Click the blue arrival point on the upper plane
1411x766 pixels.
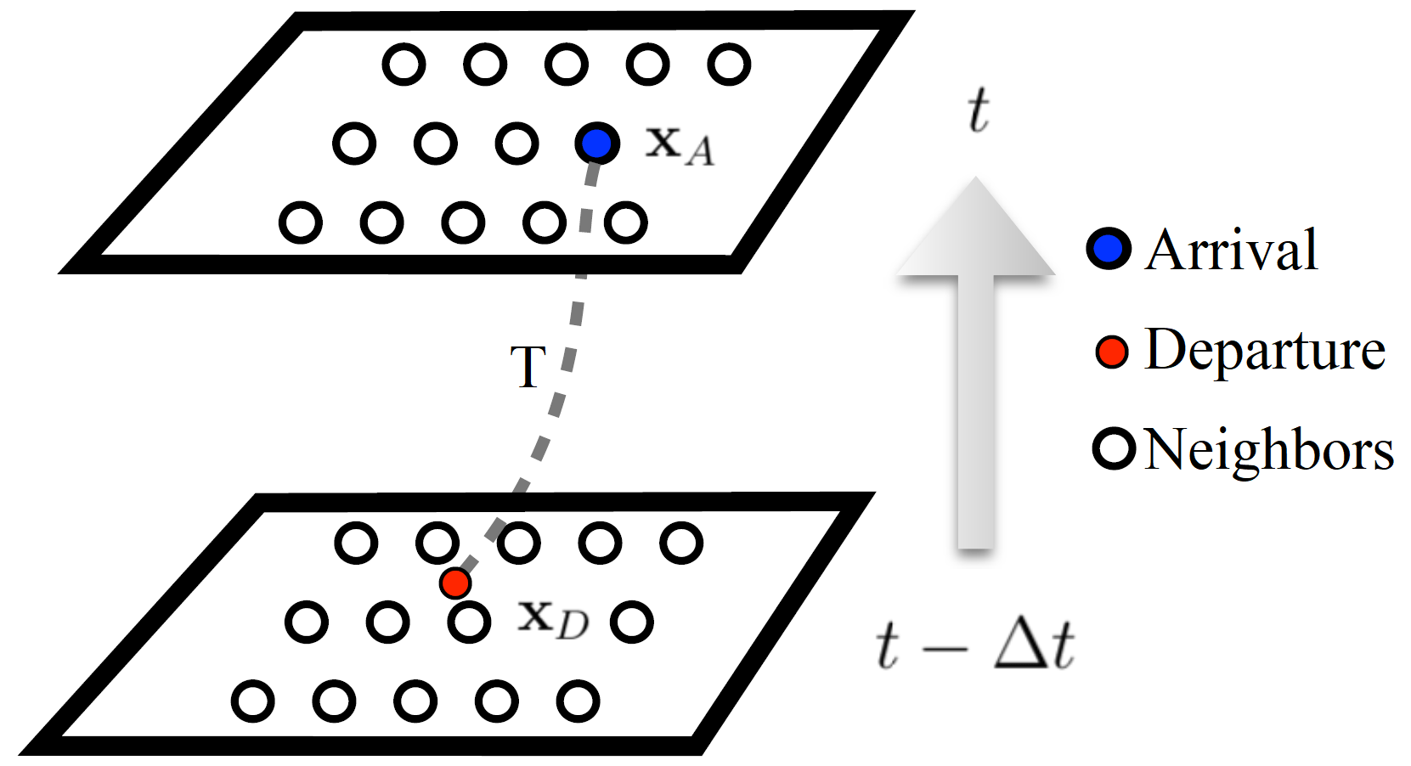click(x=597, y=143)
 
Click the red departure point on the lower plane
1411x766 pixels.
click(x=455, y=583)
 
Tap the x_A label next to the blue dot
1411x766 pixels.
click(x=679, y=145)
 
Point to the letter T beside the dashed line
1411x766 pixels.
click(x=528, y=367)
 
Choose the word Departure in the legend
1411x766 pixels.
click(x=1265, y=350)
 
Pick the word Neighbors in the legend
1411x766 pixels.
click(x=1269, y=449)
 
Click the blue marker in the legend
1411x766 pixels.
click(x=1109, y=249)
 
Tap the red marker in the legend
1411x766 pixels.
click(x=1111, y=351)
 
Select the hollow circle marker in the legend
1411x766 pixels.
click(x=1114, y=448)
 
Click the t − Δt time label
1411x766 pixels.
click(x=975, y=645)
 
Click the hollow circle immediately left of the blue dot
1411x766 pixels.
click(x=516, y=143)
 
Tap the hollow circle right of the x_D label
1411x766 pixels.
click(x=631, y=622)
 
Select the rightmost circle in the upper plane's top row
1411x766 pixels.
click(x=729, y=64)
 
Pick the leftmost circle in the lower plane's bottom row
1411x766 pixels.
click(x=252, y=701)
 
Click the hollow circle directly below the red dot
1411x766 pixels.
click(x=469, y=622)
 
